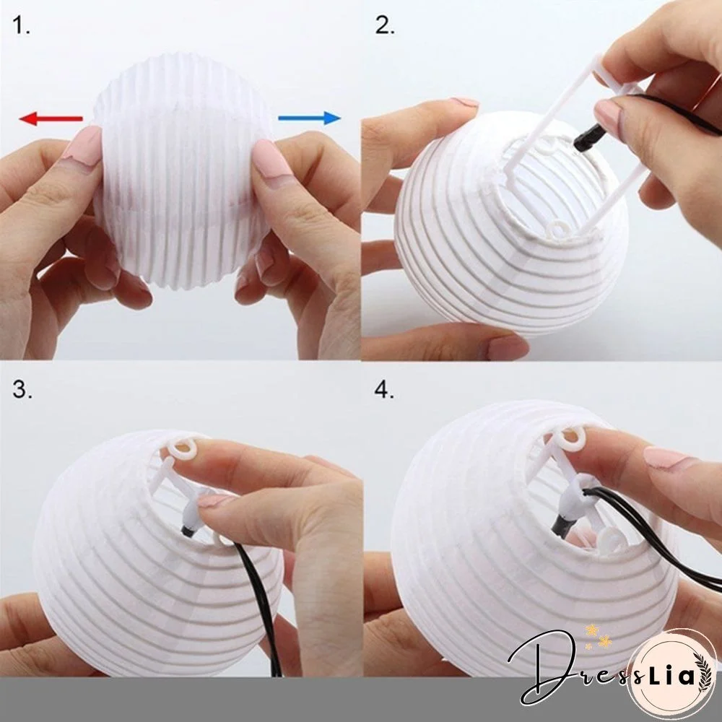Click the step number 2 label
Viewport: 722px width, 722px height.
(x=385, y=27)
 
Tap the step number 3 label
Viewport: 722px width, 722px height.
(x=22, y=391)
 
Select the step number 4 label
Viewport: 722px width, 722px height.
(x=385, y=391)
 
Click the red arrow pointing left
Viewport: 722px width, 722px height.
(x=51, y=118)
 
